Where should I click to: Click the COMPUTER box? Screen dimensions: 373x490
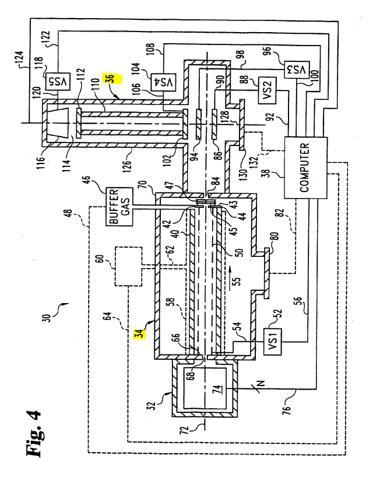tap(305, 168)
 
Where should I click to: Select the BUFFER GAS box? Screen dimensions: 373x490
tap(119, 206)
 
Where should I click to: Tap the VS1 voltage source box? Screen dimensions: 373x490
tap(273, 342)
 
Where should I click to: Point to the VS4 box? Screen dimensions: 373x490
tap(163, 82)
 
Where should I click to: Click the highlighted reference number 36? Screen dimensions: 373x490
tap(113, 79)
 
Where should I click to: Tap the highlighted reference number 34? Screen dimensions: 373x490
tap(140, 333)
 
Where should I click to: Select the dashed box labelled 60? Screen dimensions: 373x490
tap(128, 266)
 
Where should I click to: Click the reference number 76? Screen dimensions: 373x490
tap(287, 409)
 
